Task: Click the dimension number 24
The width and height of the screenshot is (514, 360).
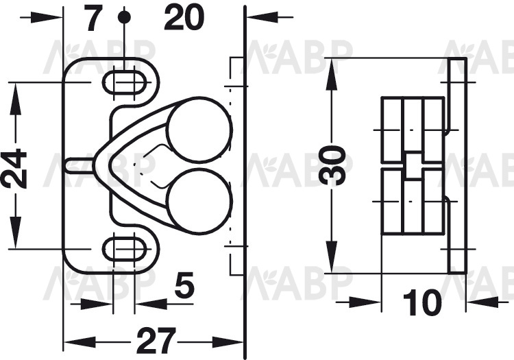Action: (14, 169)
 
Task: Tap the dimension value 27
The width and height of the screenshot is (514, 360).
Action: (154, 341)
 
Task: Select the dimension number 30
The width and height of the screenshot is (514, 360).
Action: (332, 165)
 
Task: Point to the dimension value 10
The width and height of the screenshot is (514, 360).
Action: (422, 302)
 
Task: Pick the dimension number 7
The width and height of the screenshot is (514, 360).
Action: (93, 18)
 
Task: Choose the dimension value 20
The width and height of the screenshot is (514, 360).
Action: (184, 18)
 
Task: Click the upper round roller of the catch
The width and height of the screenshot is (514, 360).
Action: (199, 129)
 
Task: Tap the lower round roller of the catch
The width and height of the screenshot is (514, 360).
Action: (199, 201)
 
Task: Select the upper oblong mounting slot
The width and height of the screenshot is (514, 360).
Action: (124, 82)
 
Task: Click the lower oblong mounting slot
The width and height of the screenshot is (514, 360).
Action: (124, 250)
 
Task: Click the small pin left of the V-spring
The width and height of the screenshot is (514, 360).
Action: (79, 165)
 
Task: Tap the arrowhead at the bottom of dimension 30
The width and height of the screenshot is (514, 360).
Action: (332, 256)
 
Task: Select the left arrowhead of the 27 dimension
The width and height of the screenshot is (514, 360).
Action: (79, 342)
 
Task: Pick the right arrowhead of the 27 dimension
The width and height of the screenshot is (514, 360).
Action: (228, 342)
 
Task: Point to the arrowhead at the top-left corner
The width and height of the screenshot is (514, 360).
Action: (46, 17)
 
